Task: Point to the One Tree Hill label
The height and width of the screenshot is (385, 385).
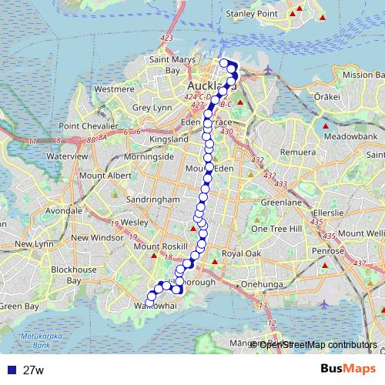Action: tap(280, 229)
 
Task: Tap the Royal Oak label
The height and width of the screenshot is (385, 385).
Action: tap(242, 253)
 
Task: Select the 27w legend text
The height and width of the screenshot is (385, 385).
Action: tap(34, 370)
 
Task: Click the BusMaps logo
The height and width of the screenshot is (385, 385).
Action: tap(350, 370)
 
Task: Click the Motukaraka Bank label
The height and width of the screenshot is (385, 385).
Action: tap(40, 340)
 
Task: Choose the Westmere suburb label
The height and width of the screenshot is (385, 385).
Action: tap(114, 89)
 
